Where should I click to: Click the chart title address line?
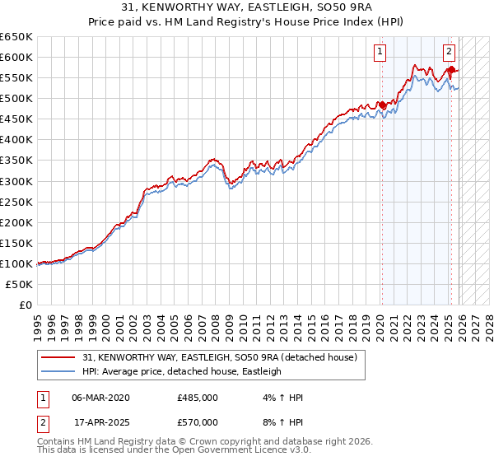coord(246,7)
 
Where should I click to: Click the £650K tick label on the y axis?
coord(16,37)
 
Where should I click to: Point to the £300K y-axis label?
coord(16,181)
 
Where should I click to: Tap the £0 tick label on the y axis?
coord(26,305)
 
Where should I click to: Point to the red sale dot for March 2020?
coord(382,105)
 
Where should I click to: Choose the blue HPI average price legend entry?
coord(181,372)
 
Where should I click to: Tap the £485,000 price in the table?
coord(198,398)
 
